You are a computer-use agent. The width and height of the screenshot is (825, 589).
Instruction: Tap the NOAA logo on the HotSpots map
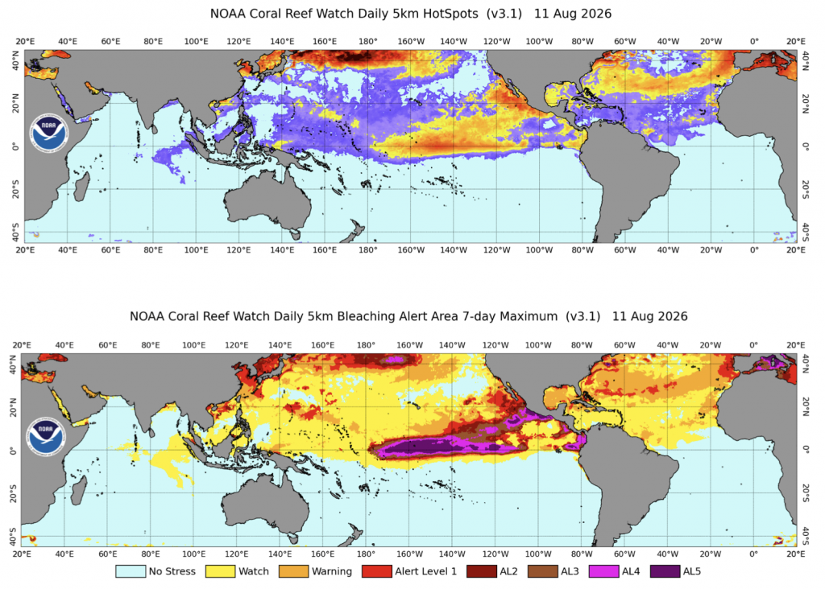(49, 134)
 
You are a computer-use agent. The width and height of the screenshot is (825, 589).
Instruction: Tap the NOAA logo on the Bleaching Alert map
(46, 437)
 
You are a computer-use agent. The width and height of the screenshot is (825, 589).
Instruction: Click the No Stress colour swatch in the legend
(131, 571)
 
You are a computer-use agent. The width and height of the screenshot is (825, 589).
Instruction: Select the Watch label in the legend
(254, 571)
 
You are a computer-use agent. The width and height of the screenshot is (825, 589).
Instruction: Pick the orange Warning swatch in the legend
(293, 571)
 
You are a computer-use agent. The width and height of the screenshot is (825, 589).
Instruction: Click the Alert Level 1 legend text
(425, 571)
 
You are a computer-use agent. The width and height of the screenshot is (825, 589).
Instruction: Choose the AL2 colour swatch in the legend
(482, 571)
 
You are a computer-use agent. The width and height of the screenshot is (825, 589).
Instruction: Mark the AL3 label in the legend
(570, 571)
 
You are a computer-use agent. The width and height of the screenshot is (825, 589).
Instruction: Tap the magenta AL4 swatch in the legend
(603, 571)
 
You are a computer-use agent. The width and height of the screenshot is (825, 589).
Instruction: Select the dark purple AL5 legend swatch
(665, 571)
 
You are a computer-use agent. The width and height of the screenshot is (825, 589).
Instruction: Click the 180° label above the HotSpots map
(367, 42)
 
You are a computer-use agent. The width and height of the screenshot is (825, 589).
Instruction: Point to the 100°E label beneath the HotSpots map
(197, 250)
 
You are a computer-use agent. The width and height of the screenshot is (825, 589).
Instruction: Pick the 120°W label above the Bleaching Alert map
(495, 345)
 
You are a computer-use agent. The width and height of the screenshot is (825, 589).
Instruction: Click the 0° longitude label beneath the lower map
(753, 554)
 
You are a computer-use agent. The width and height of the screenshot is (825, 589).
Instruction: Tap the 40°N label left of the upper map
(16, 61)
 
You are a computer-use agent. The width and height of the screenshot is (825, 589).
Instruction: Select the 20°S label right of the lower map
(806, 493)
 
